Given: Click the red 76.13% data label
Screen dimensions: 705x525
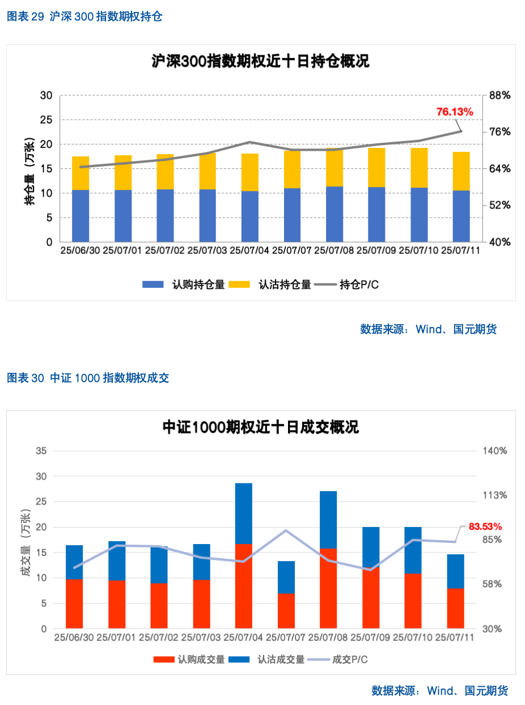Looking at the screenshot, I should click(x=454, y=112).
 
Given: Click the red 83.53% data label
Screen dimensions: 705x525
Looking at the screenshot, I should click(x=485, y=527).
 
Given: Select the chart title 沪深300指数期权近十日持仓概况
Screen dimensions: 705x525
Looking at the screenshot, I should click(x=260, y=61).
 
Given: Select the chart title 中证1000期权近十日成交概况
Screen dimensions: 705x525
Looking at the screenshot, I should click(x=260, y=427).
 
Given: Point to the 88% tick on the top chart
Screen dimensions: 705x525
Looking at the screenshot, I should click(x=500, y=95).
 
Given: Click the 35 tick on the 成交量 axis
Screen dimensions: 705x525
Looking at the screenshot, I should click(x=41, y=451).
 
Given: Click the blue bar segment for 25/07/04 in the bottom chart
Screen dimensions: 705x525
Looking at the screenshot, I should click(x=244, y=513).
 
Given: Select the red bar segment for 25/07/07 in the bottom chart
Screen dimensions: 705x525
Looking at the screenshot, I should click(x=286, y=611).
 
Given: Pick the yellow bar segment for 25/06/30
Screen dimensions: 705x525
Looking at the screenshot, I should click(x=81, y=173).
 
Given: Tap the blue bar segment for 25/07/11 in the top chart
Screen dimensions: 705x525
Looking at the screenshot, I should click(x=461, y=216).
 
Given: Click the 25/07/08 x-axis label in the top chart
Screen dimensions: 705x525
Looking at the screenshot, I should click(x=334, y=250).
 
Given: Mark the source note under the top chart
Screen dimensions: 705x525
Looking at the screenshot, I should click(x=428, y=329).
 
